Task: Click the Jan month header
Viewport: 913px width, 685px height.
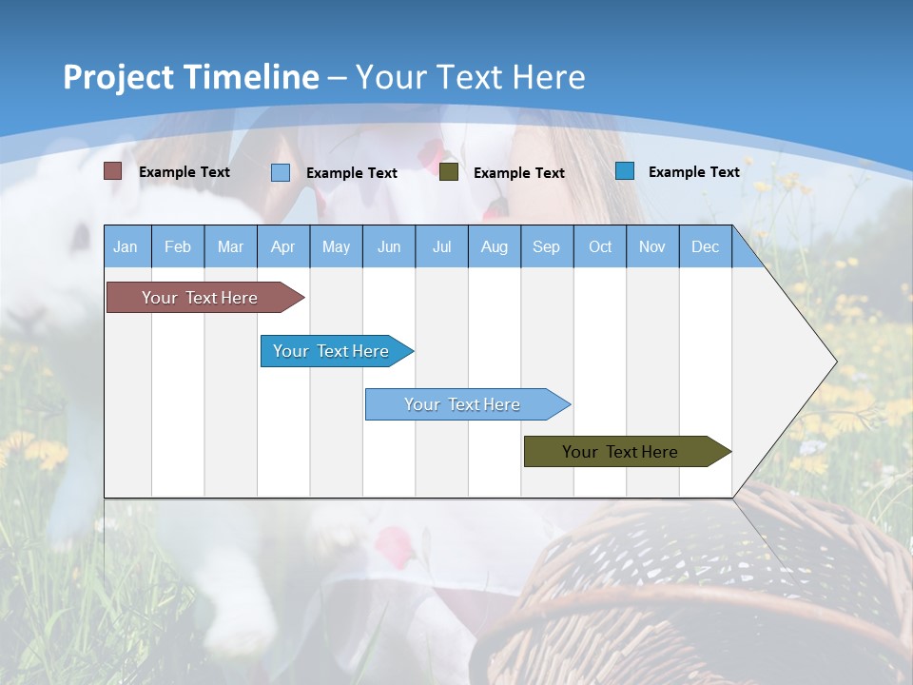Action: tap(126, 247)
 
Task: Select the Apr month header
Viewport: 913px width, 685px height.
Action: tap(282, 247)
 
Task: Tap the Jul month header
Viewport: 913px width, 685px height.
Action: tap(441, 247)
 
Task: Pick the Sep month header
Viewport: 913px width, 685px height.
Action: tap(546, 247)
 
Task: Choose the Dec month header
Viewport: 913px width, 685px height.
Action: tap(705, 247)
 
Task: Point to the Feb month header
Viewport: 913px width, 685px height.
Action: tap(178, 247)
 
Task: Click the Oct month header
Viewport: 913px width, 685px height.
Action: tap(600, 247)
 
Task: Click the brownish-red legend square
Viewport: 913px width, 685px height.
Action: tap(113, 171)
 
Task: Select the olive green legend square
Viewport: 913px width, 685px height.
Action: tap(449, 172)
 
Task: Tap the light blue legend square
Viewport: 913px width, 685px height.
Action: tap(281, 172)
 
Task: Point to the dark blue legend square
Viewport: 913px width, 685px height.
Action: tap(625, 171)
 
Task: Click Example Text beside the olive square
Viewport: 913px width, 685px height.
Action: tap(518, 173)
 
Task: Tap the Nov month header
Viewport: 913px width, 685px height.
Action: tap(652, 247)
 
